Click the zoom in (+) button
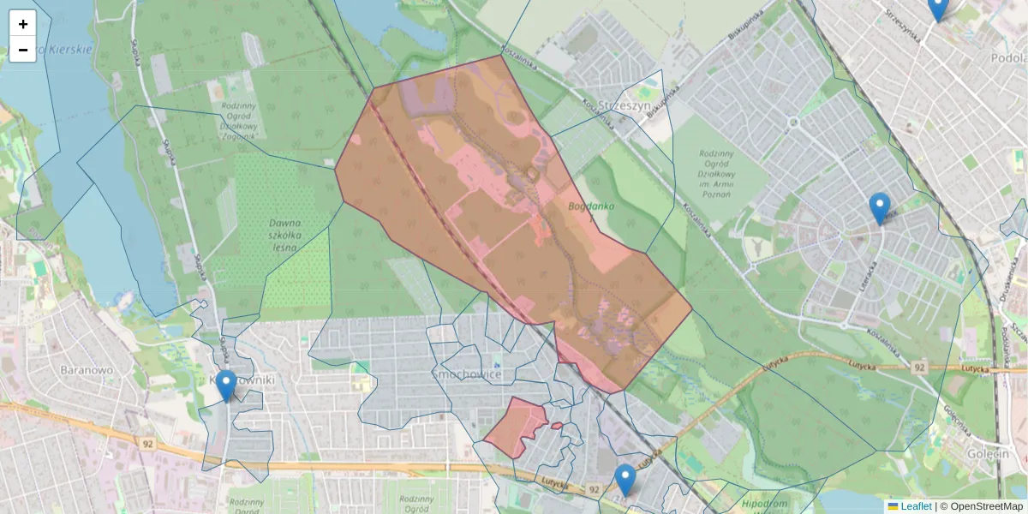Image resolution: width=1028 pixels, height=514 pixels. [x=23, y=24]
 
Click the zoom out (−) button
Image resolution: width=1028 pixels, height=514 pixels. [x=23, y=50]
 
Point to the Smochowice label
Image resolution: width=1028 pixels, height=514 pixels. [x=467, y=374]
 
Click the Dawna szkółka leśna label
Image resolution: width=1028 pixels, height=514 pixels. [x=283, y=235]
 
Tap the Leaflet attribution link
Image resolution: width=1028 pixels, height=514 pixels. [x=915, y=506]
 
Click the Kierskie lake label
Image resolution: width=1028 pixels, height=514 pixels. [x=64, y=50]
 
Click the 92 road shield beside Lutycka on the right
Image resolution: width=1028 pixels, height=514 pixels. [x=920, y=368]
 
